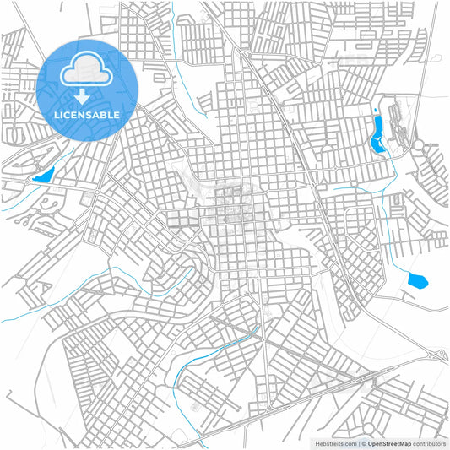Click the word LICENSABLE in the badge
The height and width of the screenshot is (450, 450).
coord(88,115)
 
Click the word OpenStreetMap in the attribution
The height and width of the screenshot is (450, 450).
coord(389,442)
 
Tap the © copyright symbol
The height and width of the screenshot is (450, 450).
coord(362,442)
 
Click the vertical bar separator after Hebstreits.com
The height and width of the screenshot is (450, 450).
coord(356,442)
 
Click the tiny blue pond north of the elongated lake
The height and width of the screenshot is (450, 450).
coord(374,111)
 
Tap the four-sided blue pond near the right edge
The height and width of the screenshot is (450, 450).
coord(415,279)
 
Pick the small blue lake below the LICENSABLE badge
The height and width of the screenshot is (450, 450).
coord(42,176)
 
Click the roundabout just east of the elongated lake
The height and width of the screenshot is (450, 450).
coord(418,147)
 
